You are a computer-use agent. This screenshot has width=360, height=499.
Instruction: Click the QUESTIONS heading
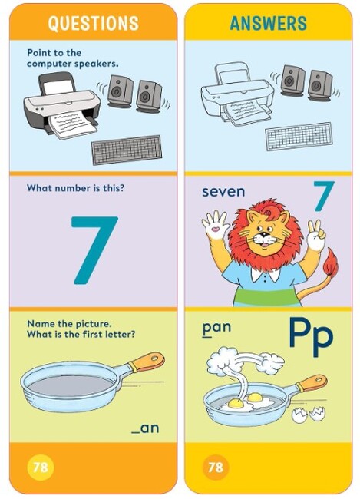[x=94, y=23]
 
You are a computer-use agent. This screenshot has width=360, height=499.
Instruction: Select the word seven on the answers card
[x=223, y=190]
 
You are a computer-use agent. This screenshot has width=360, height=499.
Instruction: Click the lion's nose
[x=265, y=240]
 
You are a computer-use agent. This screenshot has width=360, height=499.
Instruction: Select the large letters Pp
[x=311, y=335]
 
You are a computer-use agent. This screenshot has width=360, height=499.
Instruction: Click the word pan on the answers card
[x=216, y=328]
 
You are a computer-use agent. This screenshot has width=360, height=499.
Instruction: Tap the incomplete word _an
[x=145, y=427]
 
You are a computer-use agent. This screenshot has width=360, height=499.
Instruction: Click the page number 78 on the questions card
[x=38, y=467]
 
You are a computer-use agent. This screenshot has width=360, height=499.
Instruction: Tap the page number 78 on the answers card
[x=215, y=467]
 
